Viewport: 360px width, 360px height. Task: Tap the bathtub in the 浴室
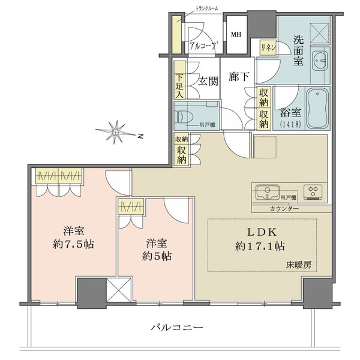coord(317,109)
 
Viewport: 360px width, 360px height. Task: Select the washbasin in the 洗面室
coord(319,61)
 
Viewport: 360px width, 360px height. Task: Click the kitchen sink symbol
coord(268,192)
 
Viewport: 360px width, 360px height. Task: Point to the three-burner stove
coord(313,192)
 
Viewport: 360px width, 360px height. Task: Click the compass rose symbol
coord(116,132)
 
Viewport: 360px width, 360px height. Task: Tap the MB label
coord(236,34)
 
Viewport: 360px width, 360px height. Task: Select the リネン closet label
coord(268,48)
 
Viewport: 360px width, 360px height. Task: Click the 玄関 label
coord(208,81)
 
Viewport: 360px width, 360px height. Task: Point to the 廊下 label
coord(239,77)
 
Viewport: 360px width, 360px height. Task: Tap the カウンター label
coord(284,209)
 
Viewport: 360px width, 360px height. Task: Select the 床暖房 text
coord(299,265)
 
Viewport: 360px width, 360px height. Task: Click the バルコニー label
coord(177,327)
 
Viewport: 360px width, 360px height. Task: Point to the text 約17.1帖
coord(260,247)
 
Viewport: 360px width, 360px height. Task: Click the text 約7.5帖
coord(73,245)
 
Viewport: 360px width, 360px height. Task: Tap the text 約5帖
coord(157,256)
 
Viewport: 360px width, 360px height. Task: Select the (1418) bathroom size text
coord(290,124)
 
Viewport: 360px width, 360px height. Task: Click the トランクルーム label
coord(206,9)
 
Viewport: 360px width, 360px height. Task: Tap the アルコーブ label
coord(203,46)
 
